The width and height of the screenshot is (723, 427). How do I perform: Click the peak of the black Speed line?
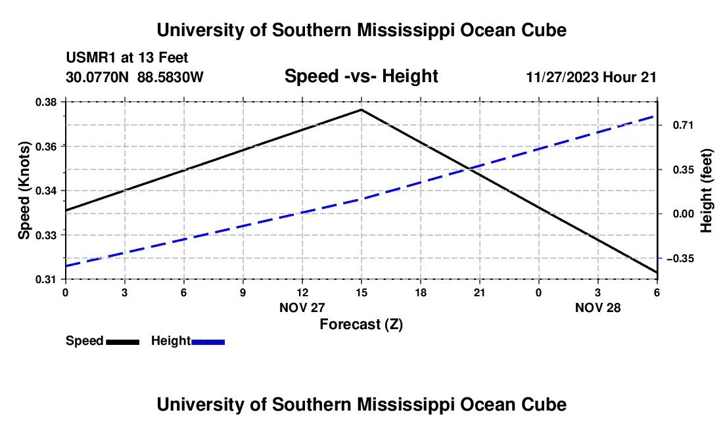click(x=361, y=110)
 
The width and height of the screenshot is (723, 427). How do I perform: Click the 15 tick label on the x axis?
click(x=361, y=292)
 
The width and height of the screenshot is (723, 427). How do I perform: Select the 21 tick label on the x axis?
click(x=479, y=292)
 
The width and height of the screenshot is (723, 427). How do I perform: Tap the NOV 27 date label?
click(x=302, y=307)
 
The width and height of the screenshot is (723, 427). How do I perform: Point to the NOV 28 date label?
click(x=597, y=307)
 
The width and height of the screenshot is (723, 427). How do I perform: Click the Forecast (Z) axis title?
click(x=361, y=324)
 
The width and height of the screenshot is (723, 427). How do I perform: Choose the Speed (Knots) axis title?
click(x=24, y=191)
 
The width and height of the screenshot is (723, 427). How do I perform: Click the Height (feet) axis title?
click(x=707, y=191)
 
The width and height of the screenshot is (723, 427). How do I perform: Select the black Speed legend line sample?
click(x=122, y=341)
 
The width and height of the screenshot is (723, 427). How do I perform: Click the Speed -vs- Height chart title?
click(x=361, y=76)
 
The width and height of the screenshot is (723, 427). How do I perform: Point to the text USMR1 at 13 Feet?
click(x=127, y=58)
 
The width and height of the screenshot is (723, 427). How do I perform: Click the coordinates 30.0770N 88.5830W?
click(x=135, y=77)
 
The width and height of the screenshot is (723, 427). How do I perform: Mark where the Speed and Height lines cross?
click(x=468, y=169)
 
